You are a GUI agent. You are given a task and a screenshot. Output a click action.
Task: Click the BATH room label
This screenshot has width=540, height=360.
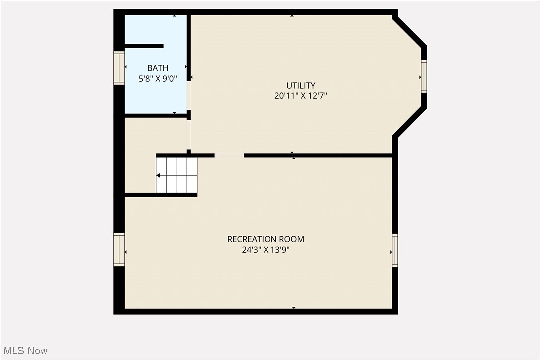[158, 68]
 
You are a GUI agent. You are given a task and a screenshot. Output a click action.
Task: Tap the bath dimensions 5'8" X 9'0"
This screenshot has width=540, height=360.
[158, 78]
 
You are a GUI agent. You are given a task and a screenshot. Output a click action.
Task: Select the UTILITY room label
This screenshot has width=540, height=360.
[301, 85]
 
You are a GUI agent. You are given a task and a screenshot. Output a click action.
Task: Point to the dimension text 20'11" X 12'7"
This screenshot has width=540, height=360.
[301, 96]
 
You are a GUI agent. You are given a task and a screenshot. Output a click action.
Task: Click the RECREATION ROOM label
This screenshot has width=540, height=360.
[266, 239]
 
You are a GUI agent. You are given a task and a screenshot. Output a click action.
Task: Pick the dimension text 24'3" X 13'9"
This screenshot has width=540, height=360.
[266, 250]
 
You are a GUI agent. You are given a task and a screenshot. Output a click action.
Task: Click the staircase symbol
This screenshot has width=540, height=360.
[177, 175]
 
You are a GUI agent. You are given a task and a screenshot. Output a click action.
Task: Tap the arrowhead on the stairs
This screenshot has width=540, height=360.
[159, 175]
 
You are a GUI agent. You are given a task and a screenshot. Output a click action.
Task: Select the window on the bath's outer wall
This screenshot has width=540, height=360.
[119, 68]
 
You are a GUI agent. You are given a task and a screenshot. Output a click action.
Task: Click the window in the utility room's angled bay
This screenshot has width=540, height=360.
[424, 76]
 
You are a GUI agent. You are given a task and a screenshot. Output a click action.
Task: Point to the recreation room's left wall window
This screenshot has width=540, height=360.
[119, 250]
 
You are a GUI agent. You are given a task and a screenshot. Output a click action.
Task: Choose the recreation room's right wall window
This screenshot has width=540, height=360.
[395, 250]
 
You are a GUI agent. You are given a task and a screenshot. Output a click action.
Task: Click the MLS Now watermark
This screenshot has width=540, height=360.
[24, 351]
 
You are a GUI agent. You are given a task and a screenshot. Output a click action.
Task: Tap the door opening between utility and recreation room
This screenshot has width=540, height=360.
[229, 155]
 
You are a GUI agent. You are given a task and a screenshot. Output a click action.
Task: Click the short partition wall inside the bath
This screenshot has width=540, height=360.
[144, 46]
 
